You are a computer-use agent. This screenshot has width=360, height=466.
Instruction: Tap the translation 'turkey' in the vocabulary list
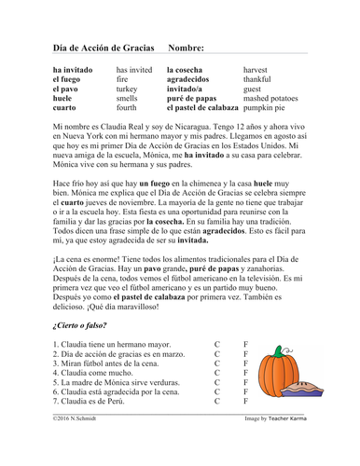coord(129,94)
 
